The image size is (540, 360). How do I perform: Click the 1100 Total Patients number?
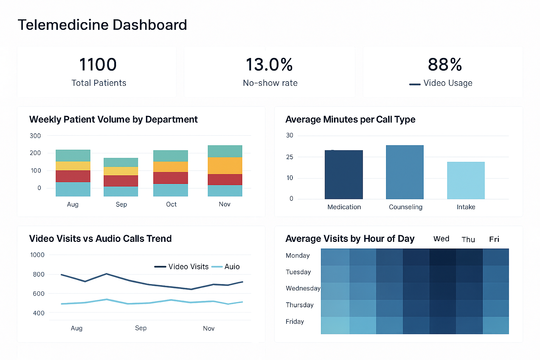click(98, 65)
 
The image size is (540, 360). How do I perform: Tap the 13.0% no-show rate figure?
click(269, 65)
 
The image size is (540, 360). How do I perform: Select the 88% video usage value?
click(445, 65)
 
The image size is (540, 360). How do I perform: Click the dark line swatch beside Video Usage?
click(415, 84)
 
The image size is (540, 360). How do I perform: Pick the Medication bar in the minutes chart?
click(343, 174)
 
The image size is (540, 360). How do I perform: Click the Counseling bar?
click(405, 172)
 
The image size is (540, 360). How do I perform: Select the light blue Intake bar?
click(466, 180)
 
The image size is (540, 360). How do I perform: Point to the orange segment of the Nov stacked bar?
click(225, 166)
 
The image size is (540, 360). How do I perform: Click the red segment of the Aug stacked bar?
click(73, 176)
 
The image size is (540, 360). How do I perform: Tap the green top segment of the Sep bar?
click(121, 162)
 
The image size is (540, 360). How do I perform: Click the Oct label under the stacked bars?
click(171, 204)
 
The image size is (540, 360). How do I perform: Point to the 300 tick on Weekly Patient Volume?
click(35, 136)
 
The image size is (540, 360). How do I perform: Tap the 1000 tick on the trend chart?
click(37, 255)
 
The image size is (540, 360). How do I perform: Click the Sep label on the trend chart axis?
click(141, 328)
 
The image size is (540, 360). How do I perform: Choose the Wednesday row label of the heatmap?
click(303, 288)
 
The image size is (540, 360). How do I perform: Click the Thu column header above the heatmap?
click(468, 239)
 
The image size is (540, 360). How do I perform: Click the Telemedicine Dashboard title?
click(102, 25)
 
